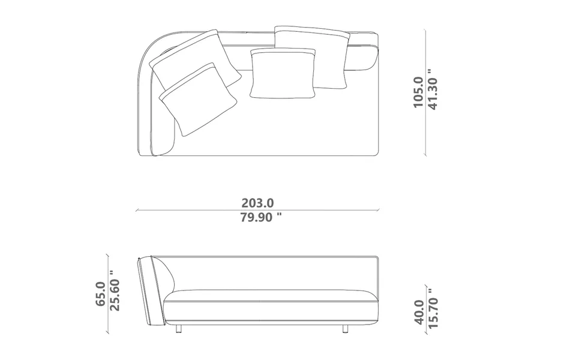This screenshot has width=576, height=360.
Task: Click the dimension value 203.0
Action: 257,203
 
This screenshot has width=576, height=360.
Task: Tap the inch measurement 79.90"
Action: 261,217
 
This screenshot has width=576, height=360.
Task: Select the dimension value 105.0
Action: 419,92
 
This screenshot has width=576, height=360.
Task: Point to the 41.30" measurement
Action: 433,89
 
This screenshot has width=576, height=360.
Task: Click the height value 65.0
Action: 100,294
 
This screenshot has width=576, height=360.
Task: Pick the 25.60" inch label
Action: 115,290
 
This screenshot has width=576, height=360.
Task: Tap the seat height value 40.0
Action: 419,312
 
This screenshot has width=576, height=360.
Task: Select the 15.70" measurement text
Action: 433,308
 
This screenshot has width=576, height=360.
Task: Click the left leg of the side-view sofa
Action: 179,328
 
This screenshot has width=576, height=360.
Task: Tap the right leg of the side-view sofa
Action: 346,328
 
